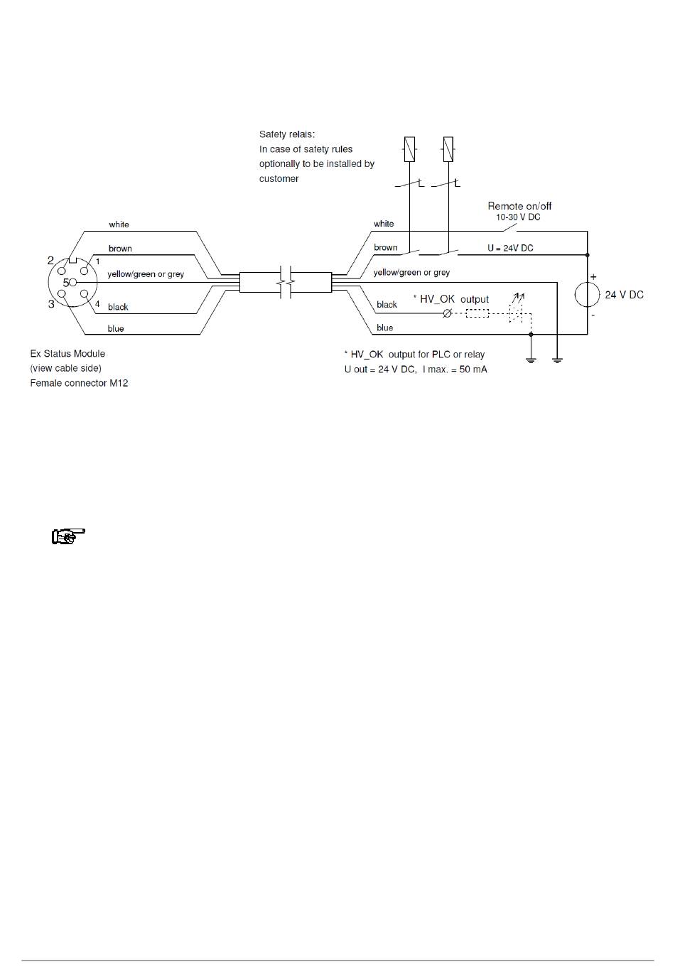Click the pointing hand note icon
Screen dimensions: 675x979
(x=68, y=536)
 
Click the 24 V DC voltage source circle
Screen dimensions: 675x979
(x=587, y=295)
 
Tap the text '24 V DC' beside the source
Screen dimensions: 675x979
(x=624, y=295)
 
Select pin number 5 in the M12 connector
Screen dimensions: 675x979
(x=66, y=282)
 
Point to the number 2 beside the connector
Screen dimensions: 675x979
(x=50, y=261)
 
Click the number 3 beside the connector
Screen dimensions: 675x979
(x=51, y=304)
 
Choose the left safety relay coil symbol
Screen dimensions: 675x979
(x=410, y=149)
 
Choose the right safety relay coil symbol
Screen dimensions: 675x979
(x=448, y=149)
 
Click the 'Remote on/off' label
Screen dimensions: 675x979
(x=519, y=206)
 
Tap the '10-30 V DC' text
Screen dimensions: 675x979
(x=518, y=217)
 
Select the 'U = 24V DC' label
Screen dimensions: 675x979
(x=510, y=248)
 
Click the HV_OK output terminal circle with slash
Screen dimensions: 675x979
(x=447, y=313)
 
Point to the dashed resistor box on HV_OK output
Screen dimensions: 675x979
(x=477, y=313)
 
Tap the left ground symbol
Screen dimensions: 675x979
(x=531, y=360)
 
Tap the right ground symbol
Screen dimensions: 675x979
(x=557, y=360)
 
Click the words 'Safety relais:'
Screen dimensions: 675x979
(x=287, y=134)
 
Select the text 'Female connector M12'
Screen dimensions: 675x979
(x=79, y=384)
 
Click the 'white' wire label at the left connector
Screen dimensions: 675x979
(x=119, y=225)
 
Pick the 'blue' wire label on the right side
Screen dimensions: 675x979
(x=384, y=328)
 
